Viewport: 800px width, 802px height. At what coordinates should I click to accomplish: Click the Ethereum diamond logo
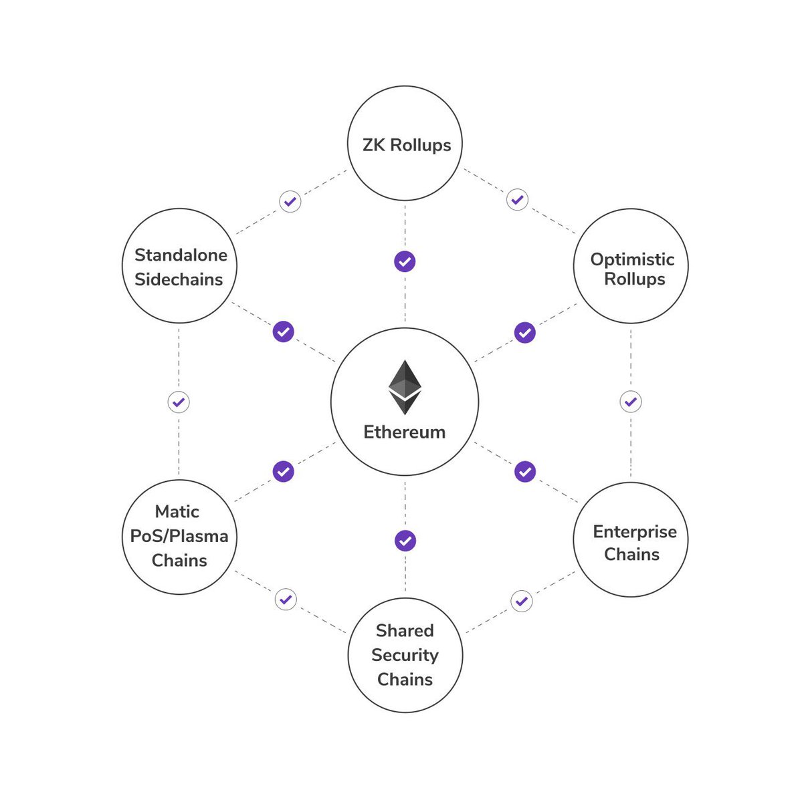tap(405, 387)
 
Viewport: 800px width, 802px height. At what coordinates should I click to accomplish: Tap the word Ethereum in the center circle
tap(404, 432)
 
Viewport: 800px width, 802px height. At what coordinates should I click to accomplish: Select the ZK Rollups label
tap(406, 145)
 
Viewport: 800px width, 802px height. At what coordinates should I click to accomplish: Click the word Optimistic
tap(632, 259)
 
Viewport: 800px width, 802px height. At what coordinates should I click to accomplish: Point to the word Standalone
tap(181, 255)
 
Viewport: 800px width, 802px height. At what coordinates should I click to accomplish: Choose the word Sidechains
tap(179, 279)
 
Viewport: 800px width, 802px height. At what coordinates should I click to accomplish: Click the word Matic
tap(177, 512)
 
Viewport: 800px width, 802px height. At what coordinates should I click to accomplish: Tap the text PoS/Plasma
tap(179, 536)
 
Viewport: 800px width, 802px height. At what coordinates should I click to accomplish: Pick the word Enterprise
tap(635, 532)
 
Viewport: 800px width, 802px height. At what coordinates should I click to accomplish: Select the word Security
tap(405, 655)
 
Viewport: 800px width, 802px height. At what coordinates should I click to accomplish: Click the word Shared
tap(405, 631)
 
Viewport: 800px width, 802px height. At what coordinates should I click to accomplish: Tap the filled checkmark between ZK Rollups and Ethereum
tap(405, 261)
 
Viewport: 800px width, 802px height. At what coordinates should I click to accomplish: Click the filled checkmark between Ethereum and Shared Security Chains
tap(405, 540)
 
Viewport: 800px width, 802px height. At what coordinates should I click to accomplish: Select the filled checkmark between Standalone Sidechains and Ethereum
tap(284, 331)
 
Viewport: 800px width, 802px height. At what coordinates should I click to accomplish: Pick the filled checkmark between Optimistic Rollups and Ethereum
tap(524, 332)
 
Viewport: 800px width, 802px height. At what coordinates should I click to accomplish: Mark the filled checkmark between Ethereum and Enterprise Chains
tap(525, 471)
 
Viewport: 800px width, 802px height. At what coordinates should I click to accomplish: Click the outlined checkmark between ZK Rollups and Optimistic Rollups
tap(517, 199)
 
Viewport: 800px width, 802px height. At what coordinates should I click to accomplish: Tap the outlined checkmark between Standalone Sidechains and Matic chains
tap(179, 402)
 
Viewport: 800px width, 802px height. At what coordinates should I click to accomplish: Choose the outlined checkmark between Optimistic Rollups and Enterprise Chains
tap(630, 402)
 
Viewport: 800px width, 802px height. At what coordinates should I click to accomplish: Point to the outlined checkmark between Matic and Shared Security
tap(286, 599)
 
